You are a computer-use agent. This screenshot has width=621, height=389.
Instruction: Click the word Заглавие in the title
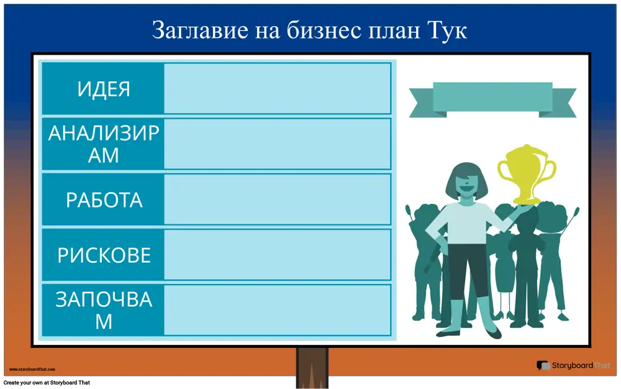(x=200, y=30)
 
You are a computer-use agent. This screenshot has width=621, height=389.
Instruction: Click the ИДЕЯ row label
(x=103, y=89)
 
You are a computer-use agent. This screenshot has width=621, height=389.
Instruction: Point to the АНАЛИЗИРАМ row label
(x=103, y=144)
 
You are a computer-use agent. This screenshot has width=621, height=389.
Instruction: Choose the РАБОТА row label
(x=104, y=199)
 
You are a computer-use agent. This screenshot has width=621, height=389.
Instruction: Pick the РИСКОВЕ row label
(x=104, y=255)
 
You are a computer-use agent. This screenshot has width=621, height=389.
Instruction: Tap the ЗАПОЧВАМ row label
(x=103, y=310)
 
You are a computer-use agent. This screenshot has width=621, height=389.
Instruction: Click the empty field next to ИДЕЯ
(x=277, y=88)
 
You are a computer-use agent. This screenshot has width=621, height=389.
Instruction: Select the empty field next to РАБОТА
(x=277, y=199)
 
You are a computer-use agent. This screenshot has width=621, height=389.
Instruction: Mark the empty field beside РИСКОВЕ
(x=277, y=255)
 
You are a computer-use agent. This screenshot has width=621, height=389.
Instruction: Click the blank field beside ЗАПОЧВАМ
(x=277, y=310)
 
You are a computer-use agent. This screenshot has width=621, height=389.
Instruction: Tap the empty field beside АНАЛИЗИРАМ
(x=277, y=144)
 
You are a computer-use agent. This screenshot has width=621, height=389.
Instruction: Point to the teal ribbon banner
(x=492, y=99)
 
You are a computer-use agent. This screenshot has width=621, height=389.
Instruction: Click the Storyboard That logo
(x=573, y=365)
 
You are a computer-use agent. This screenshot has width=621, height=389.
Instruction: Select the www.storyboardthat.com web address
(x=32, y=369)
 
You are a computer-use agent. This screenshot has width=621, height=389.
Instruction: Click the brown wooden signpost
(x=312, y=368)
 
